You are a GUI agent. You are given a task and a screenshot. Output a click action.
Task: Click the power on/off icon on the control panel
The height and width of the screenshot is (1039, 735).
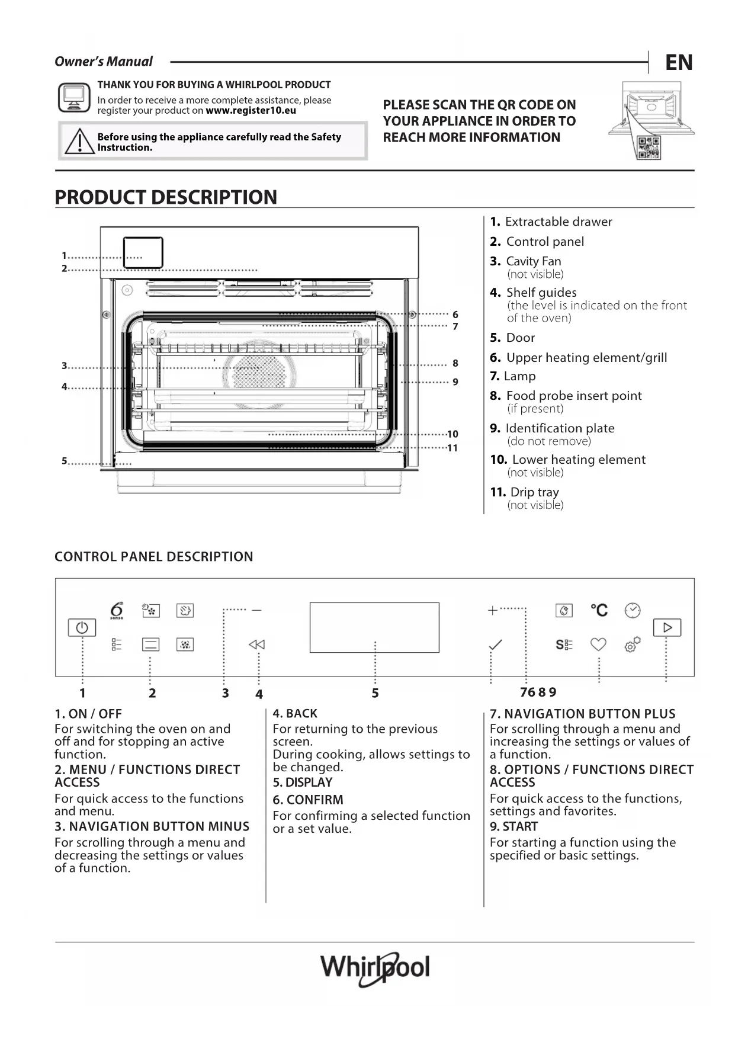(x=82, y=627)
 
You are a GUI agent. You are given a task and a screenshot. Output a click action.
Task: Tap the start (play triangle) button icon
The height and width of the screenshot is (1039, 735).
(x=667, y=627)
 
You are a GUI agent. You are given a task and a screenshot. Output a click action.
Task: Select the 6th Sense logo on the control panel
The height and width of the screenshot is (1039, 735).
(x=117, y=610)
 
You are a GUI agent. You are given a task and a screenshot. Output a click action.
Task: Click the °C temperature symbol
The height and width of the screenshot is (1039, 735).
(x=599, y=610)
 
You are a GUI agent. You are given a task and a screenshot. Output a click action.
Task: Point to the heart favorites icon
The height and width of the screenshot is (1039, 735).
(x=598, y=644)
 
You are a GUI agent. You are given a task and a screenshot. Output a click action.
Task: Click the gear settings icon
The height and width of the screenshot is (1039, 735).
(x=632, y=644)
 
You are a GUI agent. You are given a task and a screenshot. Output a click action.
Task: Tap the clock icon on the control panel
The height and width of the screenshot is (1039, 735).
(x=633, y=610)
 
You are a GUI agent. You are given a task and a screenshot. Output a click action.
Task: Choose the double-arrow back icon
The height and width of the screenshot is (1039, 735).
(x=257, y=644)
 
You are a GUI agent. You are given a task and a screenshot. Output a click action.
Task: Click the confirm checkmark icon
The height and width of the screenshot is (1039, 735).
(x=496, y=644)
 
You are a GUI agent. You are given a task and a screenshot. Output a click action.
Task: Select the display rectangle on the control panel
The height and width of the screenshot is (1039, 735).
(x=374, y=627)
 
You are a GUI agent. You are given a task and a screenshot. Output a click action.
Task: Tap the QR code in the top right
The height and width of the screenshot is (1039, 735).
(x=649, y=147)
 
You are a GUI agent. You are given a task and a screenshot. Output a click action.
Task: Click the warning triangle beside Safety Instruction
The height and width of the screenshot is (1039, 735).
(x=79, y=142)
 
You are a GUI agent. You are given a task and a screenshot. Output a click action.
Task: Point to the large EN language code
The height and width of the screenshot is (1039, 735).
(x=679, y=62)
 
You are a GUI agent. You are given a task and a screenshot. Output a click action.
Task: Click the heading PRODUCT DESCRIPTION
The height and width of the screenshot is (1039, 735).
(x=166, y=197)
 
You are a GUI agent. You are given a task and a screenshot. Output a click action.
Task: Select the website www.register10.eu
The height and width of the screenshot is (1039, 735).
(x=251, y=111)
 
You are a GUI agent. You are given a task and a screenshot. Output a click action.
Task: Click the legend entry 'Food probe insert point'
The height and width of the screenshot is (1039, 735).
(x=573, y=396)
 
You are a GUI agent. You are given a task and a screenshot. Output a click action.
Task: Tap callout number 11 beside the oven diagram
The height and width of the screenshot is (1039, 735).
(x=452, y=448)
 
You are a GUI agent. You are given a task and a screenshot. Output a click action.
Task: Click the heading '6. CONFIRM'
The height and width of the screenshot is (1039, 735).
(x=308, y=800)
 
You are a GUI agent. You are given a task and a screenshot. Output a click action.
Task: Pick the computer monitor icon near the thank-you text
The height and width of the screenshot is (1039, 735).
(x=74, y=98)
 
